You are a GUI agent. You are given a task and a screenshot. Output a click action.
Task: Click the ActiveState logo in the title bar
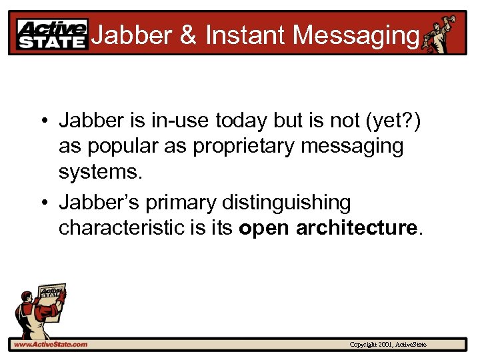[x=52, y=35]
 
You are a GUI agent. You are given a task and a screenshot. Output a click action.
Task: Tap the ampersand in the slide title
[x=188, y=35]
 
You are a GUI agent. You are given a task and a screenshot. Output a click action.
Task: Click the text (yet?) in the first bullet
[x=398, y=121]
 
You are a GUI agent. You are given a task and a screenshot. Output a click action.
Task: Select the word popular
[x=119, y=147]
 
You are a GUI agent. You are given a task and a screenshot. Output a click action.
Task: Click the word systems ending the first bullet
[x=100, y=172]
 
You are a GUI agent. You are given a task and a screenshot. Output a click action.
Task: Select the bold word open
[x=264, y=228]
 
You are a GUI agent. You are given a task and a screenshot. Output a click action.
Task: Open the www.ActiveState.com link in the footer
[x=50, y=344]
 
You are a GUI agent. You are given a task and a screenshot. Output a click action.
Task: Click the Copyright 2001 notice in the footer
[x=388, y=345]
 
